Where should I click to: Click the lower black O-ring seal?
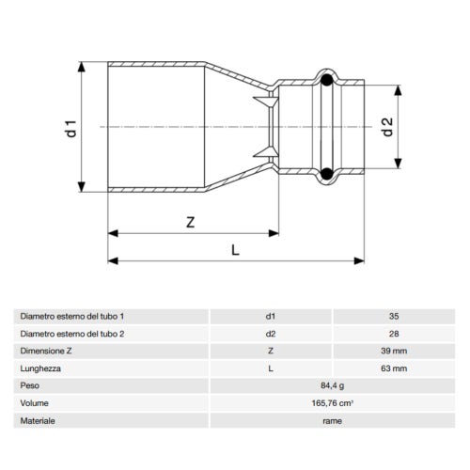[325, 173]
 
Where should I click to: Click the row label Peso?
[31, 384]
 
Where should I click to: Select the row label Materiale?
[39, 419]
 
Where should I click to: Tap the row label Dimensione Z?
[48, 351]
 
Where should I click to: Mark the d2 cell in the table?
[271, 334]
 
